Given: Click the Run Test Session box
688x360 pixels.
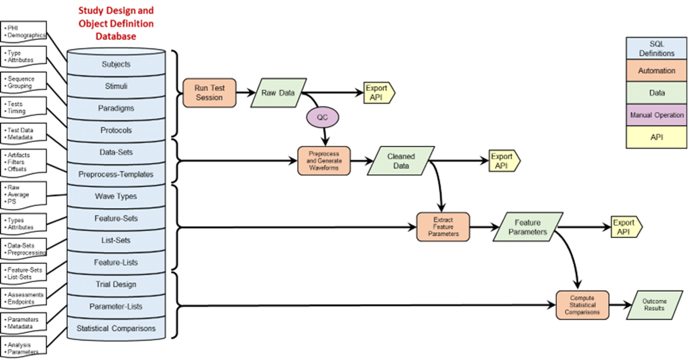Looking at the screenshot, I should [x=209, y=93].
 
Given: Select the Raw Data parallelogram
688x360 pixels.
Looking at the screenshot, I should [x=278, y=93].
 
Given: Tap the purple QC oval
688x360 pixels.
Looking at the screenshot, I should [x=323, y=118].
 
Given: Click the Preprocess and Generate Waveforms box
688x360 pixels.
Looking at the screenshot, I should [x=324, y=160].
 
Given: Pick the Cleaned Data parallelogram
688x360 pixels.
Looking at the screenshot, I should [x=401, y=160].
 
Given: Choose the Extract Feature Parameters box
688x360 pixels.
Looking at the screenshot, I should [x=443, y=226].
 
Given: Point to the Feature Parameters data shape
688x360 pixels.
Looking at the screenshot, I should [x=528, y=227].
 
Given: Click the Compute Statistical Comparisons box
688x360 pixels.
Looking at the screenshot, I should [x=582, y=305].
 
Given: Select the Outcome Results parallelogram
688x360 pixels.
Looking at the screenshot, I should [x=654, y=305].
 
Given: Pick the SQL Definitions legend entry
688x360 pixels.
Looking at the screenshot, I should [x=656, y=48].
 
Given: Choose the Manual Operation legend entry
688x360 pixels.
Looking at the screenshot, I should [x=656, y=115].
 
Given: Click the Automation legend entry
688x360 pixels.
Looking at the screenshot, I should [x=656, y=71].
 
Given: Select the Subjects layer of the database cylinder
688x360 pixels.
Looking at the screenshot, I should [x=116, y=64].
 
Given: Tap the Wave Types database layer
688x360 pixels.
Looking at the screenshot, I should [x=116, y=196].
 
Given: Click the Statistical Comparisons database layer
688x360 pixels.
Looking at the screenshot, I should [x=116, y=328].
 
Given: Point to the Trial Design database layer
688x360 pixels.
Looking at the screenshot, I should [x=116, y=284].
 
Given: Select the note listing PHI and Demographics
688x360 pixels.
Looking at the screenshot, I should [x=23, y=31].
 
